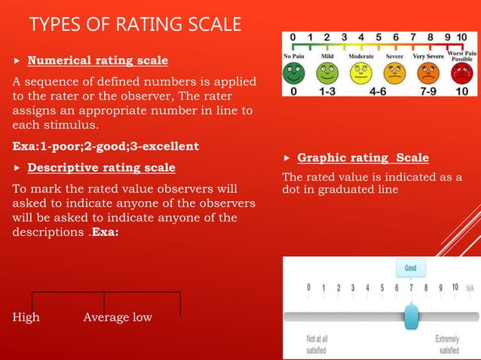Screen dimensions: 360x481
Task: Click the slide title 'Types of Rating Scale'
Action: pyautogui.click(x=136, y=26)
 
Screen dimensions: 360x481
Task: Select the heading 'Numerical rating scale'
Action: pyautogui.click(x=97, y=60)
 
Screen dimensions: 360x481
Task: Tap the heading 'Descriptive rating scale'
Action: pyautogui.click(x=101, y=167)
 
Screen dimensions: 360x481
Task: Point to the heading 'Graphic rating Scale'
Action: pyautogui.click(x=363, y=158)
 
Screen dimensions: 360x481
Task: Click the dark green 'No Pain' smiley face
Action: pyautogui.click(x=294, y=73)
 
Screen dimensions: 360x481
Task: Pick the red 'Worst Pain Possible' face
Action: pyautogui.click(x=459, y=73)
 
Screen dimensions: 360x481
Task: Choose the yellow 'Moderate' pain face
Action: pyautogui.click(x=361, y=73)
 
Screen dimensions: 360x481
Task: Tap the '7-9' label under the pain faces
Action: pyautogui.click(x=427, y=90)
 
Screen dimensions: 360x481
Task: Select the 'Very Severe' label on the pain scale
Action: pyautogui.click(x=428, y=56)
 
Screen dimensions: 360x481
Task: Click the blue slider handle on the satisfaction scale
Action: pyautogui.click(x=411, y=316)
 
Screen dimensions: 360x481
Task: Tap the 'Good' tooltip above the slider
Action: pyautogui.click(x=411, y=268)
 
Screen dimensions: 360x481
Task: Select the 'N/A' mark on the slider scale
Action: pyautogui.click(x=470, y=288)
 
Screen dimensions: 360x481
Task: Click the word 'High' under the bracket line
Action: pyautogui.click(x=26, y=317)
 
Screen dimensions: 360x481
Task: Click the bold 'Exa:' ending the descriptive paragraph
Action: pyautogui.click(x=107, y=233)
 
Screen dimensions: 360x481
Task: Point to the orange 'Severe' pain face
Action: pyautogui.click(x=394, y=73)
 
